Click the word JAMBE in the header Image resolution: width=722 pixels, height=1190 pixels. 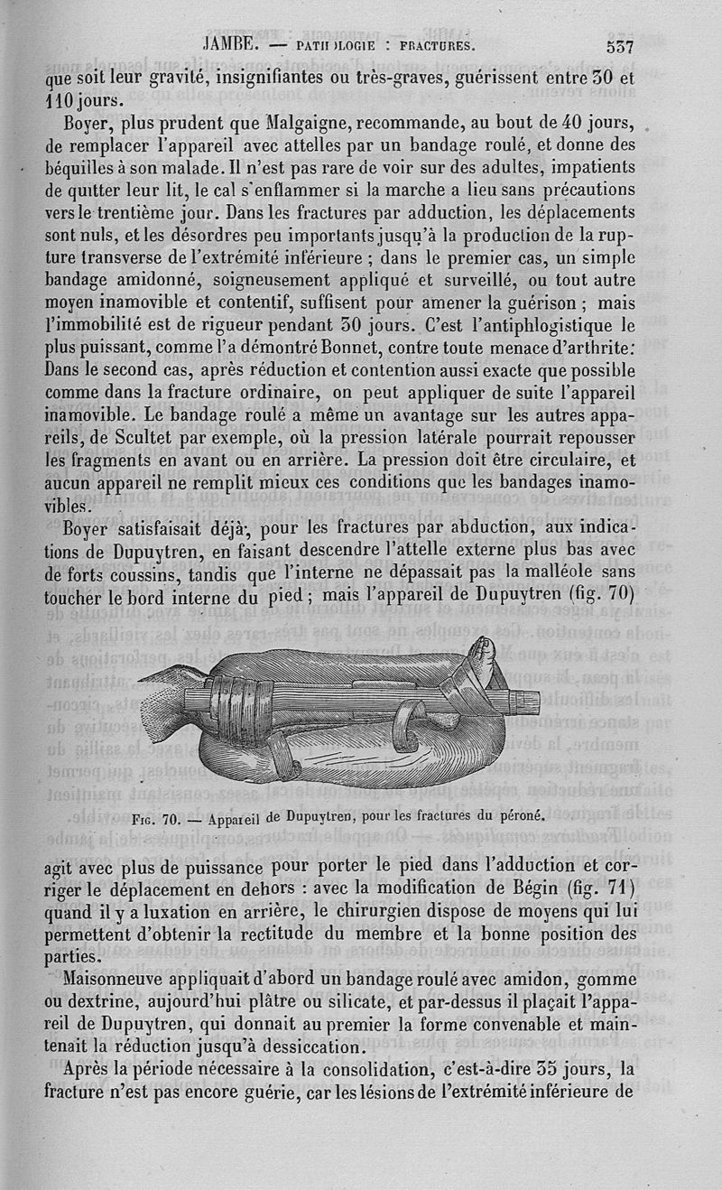tap(233, 46)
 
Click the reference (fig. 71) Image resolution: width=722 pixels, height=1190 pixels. tap(619, 888)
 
